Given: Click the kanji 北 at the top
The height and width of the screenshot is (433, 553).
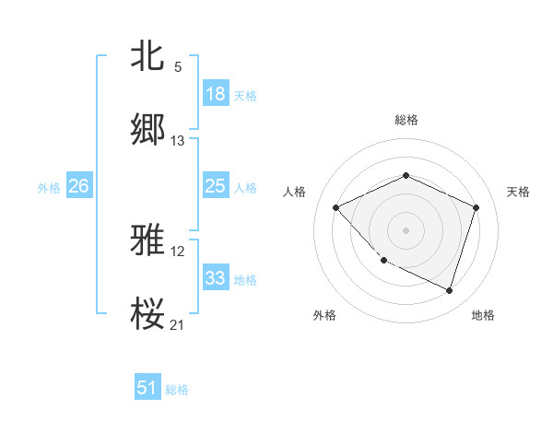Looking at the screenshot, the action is coord(148,55).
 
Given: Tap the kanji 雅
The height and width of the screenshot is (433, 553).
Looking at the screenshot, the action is coord(148,241).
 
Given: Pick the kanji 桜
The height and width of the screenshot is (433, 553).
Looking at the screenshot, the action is coord(148,314).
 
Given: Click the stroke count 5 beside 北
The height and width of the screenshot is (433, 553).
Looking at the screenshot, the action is coord(178,66).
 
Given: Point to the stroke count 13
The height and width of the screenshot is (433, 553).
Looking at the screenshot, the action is coord(178,141).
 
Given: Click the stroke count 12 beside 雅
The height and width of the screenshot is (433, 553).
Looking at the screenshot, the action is coord(178,252).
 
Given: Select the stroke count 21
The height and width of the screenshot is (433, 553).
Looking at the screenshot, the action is coord(178,325).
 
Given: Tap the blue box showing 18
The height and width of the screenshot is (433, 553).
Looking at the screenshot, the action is coord(216,94).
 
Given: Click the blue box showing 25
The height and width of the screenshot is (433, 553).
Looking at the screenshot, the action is coord(216,186).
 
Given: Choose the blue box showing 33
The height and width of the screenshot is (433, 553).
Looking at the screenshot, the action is coord(216,278).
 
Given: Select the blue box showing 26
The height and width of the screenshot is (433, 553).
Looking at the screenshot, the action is coord(79,186).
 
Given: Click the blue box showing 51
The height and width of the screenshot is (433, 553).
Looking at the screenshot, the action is coord(147,388).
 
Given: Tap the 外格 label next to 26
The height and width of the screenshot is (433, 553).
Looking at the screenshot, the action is coord(49,187).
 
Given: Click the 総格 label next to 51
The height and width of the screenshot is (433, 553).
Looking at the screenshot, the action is coord(177,390).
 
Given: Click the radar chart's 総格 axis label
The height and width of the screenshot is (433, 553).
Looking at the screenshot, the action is coord(406,121).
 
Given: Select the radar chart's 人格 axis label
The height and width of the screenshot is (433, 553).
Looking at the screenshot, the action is coord(295,192).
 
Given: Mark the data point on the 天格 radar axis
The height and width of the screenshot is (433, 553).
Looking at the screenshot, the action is coord(476,207).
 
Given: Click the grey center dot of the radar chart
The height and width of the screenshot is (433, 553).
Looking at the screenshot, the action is coord(406,229).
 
